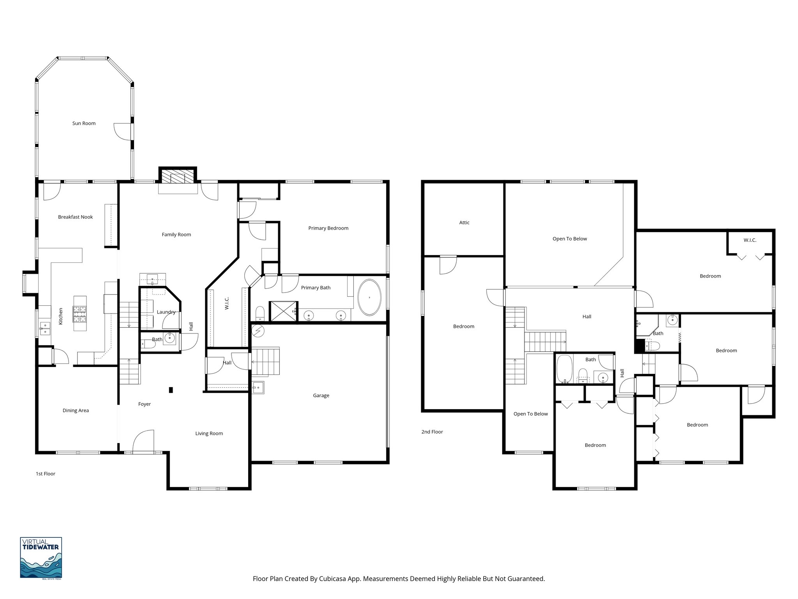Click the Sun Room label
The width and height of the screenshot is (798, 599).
point(84,123)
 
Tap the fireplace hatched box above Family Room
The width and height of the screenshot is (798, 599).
point(178,176)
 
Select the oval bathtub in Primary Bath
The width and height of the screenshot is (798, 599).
point(369,297)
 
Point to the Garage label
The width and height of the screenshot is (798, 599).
point(321,395)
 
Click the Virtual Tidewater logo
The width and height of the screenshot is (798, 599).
point(41,557)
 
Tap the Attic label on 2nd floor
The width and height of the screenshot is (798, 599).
point(464,223)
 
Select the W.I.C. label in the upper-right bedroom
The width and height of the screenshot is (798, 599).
point(750,240)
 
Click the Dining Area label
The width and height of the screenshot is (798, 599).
point(76,410)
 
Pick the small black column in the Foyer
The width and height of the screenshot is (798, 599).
point(171,390)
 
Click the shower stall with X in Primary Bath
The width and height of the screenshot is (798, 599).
point(284,311)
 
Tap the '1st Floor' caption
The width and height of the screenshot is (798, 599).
point(46,474)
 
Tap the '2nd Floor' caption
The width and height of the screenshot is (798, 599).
point(432,432)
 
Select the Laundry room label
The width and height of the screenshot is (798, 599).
point(166,312)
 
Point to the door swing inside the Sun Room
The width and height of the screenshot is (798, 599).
point(122,131)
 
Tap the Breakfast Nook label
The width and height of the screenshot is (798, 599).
point(75,217)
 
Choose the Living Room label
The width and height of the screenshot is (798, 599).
point(209,433)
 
